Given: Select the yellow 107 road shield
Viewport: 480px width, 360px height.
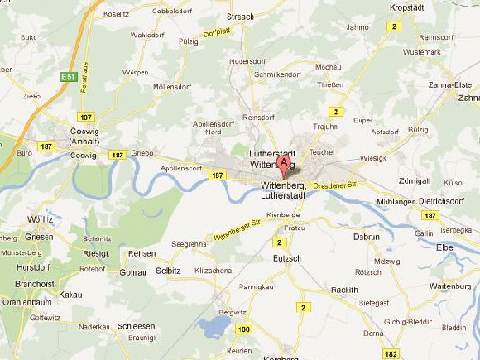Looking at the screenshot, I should (x=86, y=117).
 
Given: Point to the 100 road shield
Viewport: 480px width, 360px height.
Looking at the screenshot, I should (x=242, y=329).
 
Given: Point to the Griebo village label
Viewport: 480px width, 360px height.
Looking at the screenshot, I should (x=143, y=153).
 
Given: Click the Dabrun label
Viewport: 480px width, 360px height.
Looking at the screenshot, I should (x=366, y=237).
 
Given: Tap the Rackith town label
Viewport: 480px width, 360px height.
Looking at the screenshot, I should (x=343, y=290).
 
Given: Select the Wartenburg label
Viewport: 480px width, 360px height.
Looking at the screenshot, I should (x=451, y=286).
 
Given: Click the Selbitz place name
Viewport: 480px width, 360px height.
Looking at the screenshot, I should (x=169, y=271).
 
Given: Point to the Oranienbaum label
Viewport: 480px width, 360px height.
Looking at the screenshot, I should (x=24, y=301).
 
